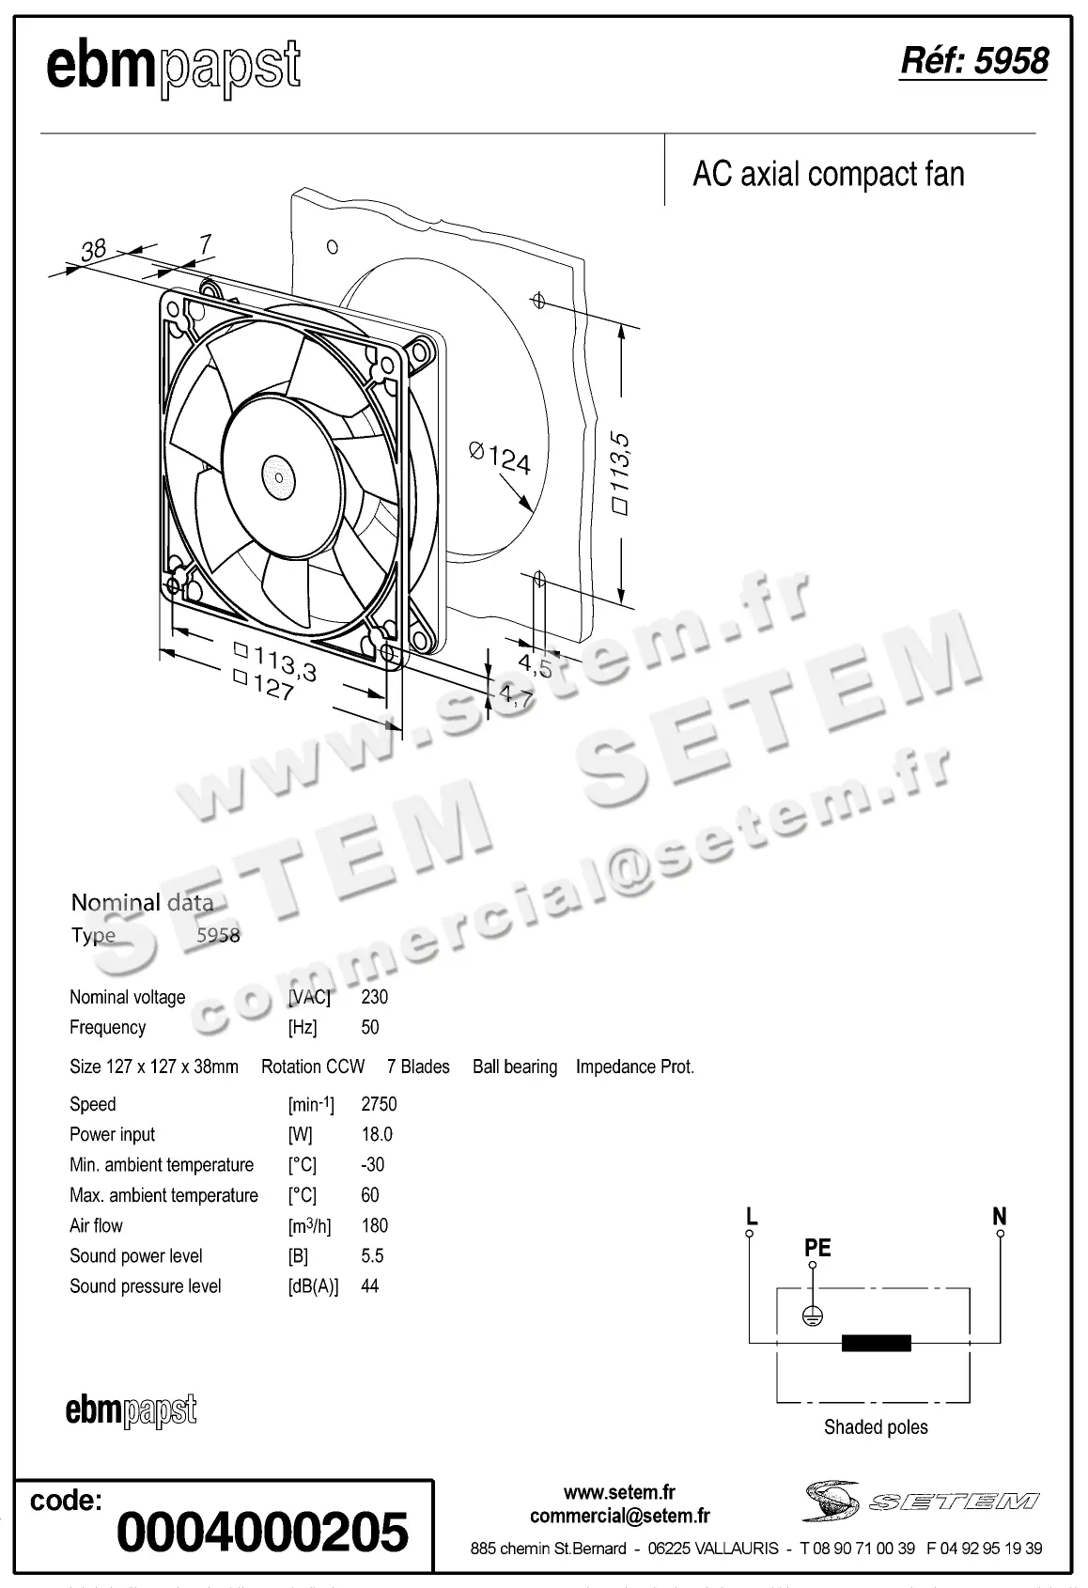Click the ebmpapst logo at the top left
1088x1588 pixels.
click(173, 68)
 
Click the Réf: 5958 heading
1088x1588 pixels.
click(973, 61)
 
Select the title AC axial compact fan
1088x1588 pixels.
click(828, 175)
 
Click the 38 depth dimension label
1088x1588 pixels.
click(93, 250)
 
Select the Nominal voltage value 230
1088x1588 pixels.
click(374, 997)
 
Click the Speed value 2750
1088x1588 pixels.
click(379, 1104)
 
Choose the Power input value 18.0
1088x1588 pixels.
click(377, 1134)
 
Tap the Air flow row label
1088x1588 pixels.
click(96, 1225)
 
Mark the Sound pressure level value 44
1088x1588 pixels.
click(369, 1286)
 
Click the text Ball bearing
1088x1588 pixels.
click(514, 1067)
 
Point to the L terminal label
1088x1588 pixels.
click(751, 1217)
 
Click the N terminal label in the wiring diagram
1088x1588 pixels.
click(999, 1217)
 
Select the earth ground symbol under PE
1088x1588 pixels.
click(813, 1316)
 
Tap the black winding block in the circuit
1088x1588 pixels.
click(876, 1343)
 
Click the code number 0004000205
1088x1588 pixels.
click(262, 1531)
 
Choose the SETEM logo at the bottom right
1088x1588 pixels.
click(921, 1501)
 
